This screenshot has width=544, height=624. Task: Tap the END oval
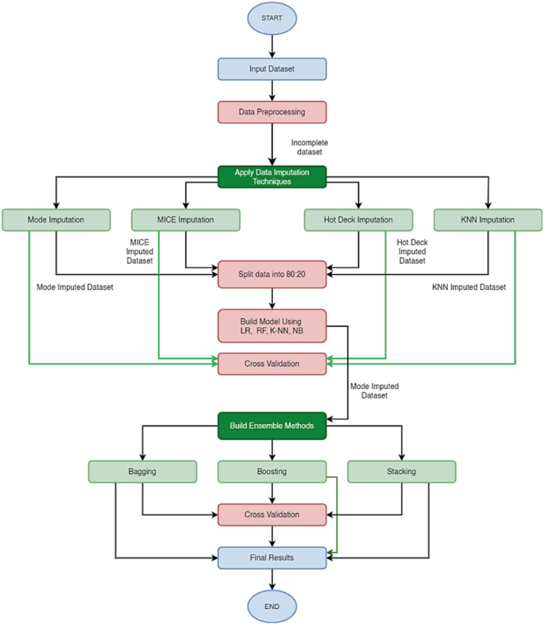[x=272, y=607]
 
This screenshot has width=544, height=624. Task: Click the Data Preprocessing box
[x=272, y=112]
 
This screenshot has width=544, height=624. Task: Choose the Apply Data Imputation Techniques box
[x=272, y=176]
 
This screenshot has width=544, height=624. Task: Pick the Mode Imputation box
[x=56, y=220]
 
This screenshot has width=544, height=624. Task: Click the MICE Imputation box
[x=185, y=220]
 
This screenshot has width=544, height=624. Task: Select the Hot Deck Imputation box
[x=358, y=220]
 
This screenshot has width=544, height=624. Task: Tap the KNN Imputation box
[x=488, y=220]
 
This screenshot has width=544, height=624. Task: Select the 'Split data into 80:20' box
[x=272, y=275]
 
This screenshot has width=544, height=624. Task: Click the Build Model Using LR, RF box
[x=272, y=325]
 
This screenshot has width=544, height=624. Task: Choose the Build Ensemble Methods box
[x=272, y=426]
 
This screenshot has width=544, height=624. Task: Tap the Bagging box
[x=142, y=471]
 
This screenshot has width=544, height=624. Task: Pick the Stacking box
[x=402, y=471]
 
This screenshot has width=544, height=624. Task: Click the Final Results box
[x=272, y=557]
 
